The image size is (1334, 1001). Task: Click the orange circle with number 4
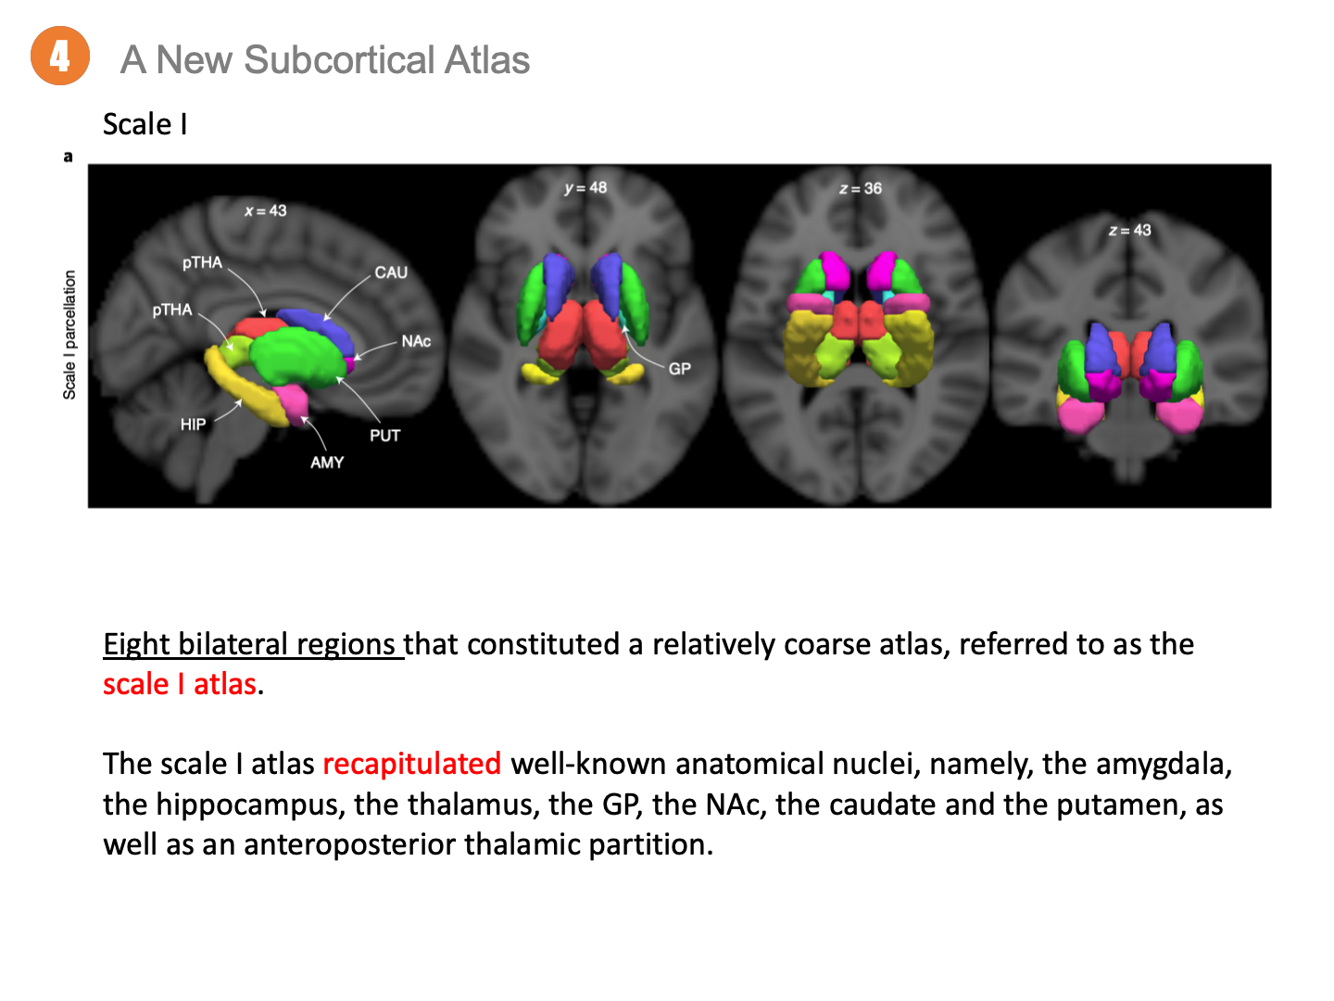[60, 57]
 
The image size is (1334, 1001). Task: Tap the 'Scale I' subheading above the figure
[145, 124]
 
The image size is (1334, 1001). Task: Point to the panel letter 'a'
[68, 157]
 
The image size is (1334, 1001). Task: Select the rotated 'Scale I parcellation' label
[69, 335]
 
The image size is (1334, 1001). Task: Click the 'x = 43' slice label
[266, 211]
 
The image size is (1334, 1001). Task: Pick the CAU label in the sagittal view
[391, 272]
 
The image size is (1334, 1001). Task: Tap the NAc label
[416, 341]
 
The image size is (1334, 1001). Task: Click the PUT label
[384, 436]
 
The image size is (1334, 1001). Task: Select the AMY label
[327, 462]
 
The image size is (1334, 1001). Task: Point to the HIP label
[193, 424]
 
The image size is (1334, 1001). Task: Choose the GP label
[679, 369]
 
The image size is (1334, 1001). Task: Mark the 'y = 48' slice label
[585, 188]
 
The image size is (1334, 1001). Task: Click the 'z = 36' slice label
[860, 189]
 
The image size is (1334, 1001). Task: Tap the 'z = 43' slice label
[1129, 230]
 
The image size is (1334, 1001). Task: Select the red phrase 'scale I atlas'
[180, 684]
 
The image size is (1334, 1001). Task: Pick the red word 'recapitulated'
[412, 764]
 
